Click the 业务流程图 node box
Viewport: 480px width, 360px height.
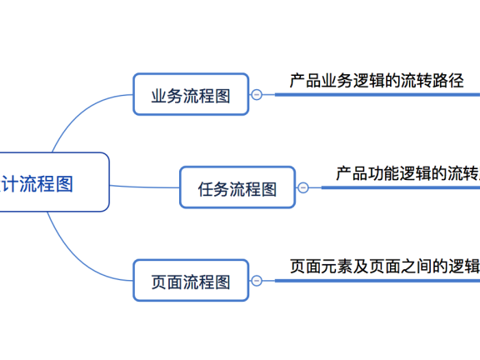click(x=191, y=94)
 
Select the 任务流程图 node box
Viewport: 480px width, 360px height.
click(x=237, y=187)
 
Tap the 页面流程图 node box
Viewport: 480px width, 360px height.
click(x=191, y=281)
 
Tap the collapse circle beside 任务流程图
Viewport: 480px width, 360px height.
click(x=302, y=187)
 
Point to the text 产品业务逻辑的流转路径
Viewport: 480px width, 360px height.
click(x=376, y=81)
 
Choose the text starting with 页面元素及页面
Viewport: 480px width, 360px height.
click(x=384, y=267)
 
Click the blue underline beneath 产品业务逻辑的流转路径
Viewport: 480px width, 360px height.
click(x=375, y=94)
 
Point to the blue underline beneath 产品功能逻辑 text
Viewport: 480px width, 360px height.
click(x=400, y=187)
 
